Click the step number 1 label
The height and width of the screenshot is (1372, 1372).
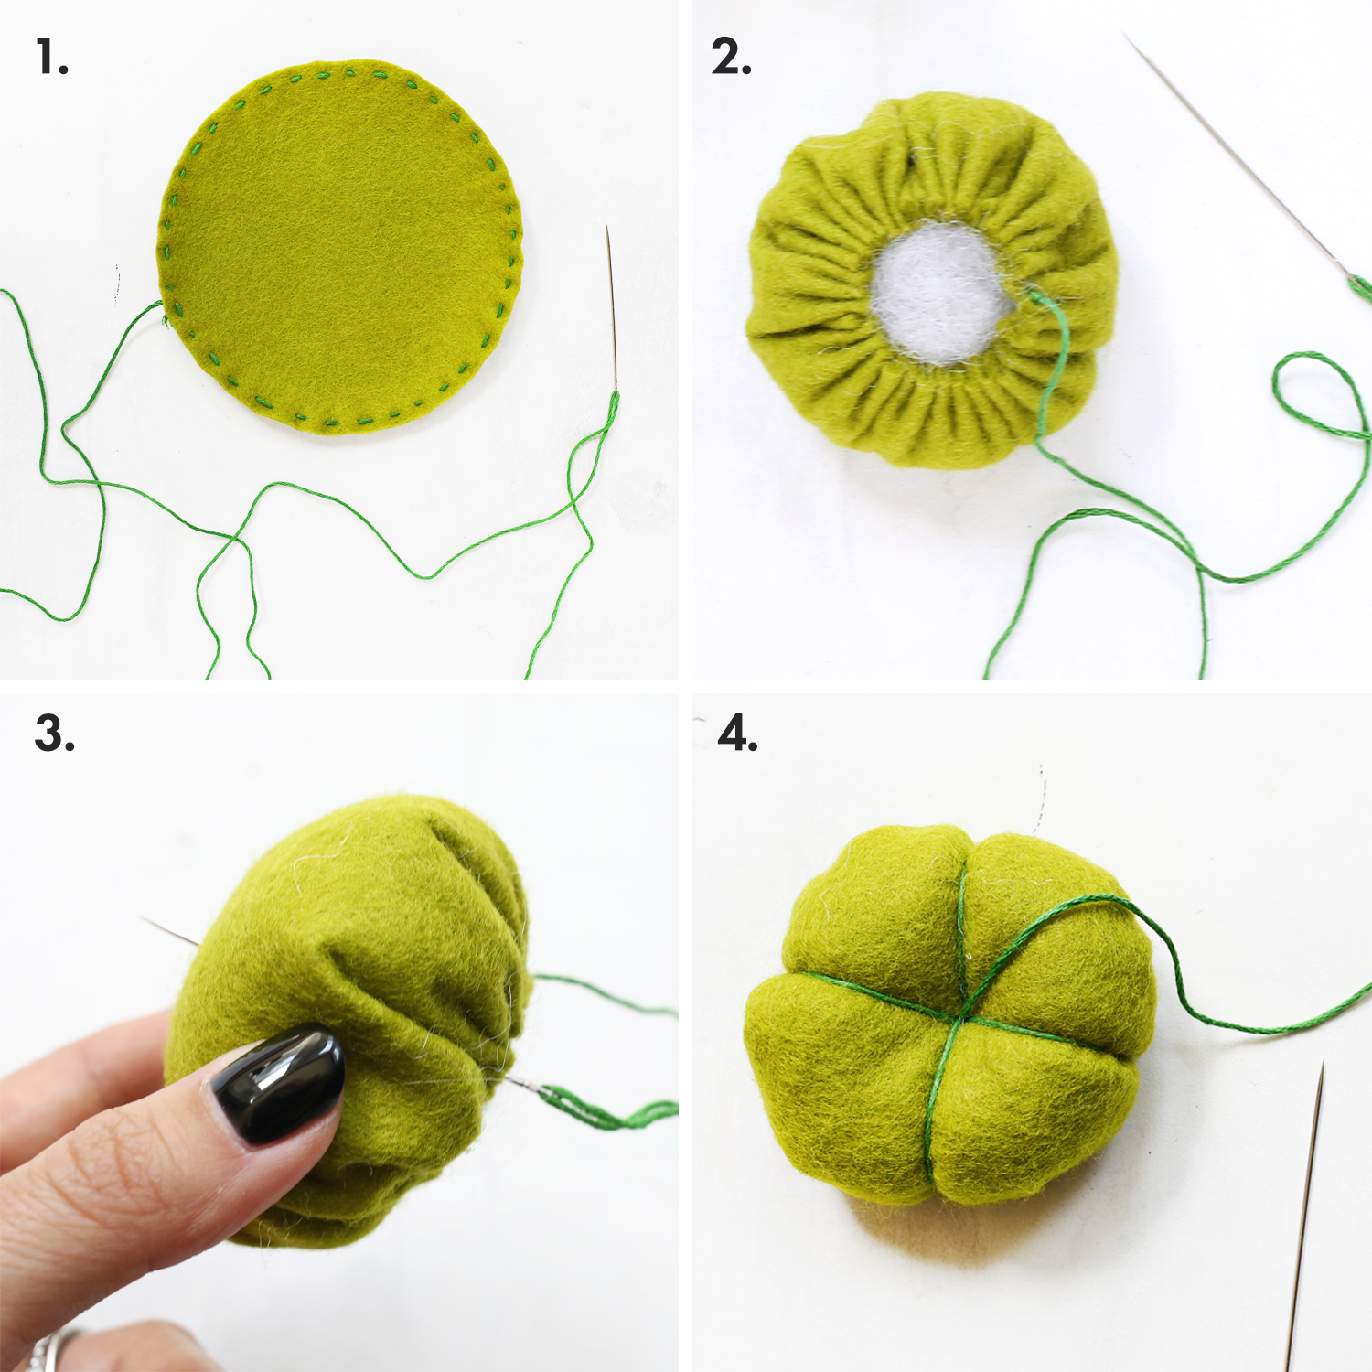[52, 57]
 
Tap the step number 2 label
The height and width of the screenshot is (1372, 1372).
[731, 57]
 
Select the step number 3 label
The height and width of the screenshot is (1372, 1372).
[54, 734]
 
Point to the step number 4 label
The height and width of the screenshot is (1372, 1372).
[737, 734]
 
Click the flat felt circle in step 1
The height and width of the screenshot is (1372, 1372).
[340, 247]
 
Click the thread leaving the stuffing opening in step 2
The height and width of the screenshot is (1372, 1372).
[1052, 366]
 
